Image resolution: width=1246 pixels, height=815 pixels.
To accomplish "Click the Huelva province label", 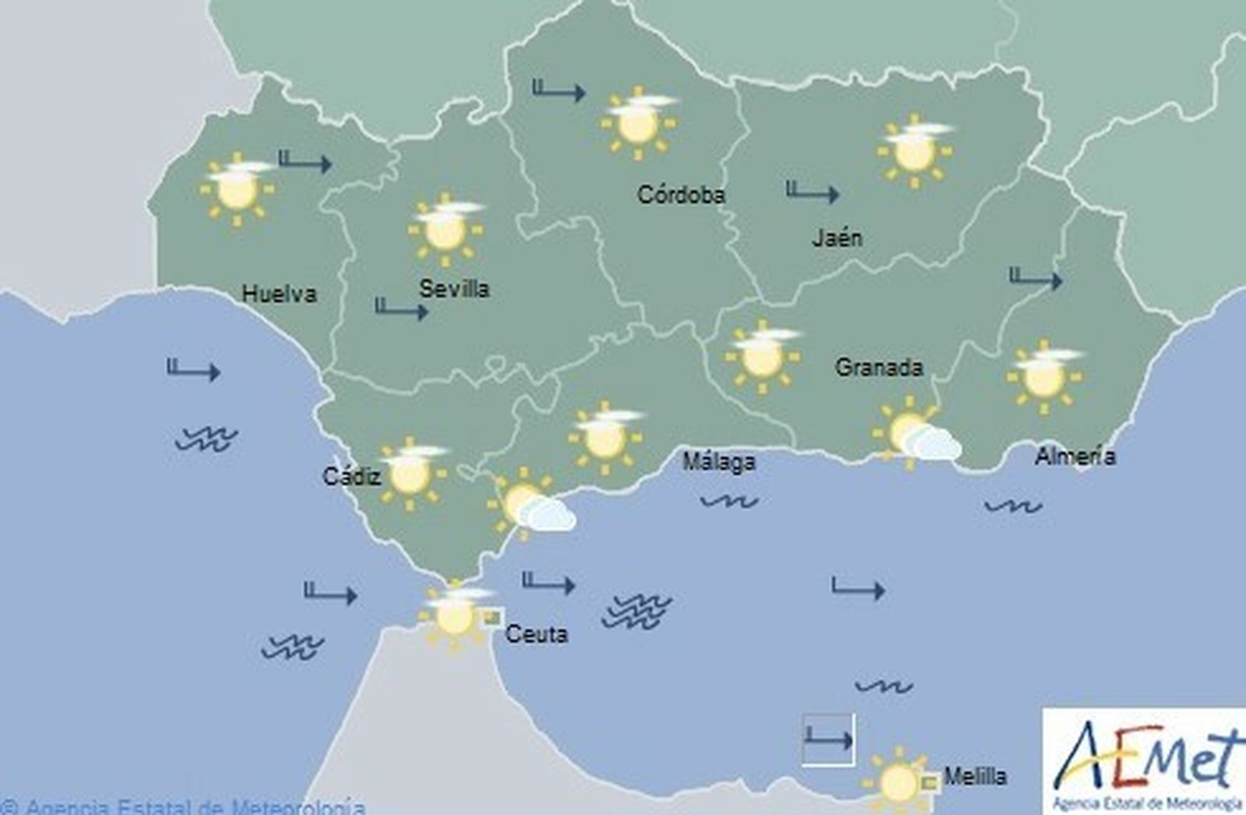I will pos(279,294).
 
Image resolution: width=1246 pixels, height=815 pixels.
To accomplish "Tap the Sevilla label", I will pos(454,289).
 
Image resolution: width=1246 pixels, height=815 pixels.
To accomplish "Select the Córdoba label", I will pos(681,194).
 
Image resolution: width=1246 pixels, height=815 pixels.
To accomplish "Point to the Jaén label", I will pos(837,237).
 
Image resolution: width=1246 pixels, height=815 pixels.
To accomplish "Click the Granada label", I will pos(878,367).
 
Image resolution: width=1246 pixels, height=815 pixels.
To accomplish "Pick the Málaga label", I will pos(719,461).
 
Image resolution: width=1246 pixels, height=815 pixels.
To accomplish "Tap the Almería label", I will pos(1075,456).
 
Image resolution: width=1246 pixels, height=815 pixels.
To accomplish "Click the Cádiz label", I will pos(351,475).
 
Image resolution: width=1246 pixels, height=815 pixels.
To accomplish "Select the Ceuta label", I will pos(537,633).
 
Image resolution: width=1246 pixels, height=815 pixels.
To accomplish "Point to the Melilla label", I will pos(975,776).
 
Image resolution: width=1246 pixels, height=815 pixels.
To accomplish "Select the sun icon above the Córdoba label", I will pos(638,122).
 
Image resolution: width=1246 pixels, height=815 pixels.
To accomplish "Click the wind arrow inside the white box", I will pos(829,739).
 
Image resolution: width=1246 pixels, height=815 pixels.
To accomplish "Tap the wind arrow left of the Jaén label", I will pos(811,192).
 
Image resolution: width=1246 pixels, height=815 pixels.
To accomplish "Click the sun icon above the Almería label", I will pos(1044,376).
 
